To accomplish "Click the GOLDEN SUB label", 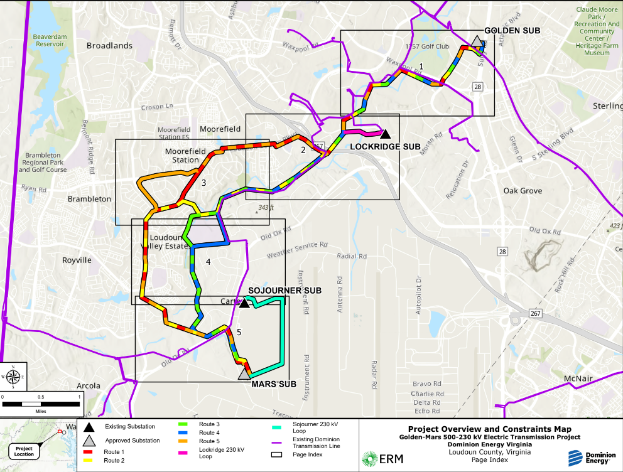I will (x=512, y=30).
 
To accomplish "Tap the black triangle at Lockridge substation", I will (x=385, y=133).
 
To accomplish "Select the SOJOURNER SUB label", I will (x=284, y=291).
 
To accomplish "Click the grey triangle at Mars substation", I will (x=244, y=374).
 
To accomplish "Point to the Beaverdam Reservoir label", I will (x=51, y=41).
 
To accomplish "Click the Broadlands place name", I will (x=109, y=46).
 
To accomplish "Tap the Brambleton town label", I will (x=89, y=199).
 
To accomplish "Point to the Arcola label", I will (x=88, y=385).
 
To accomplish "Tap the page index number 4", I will (x=208, y=260).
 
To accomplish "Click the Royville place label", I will (x=77, y=260).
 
